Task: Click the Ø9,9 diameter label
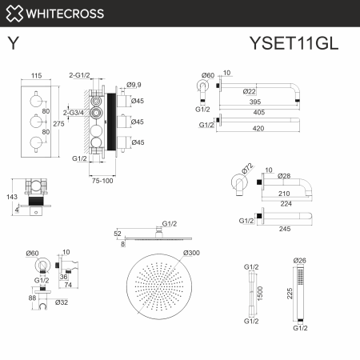coord(134,83)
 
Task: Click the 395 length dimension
coord(277,102)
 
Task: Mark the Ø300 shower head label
coord(192,254)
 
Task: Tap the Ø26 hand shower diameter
coord(299,261)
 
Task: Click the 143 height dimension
coord(12,194)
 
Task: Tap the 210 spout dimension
coord(282,193)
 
